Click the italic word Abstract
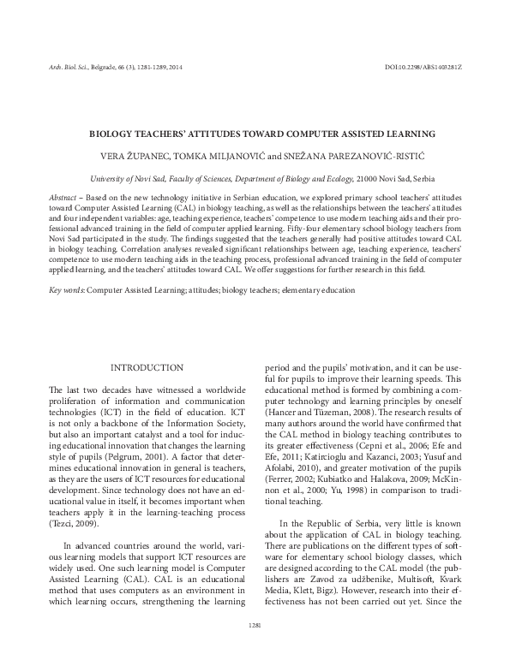(x=63, y=196)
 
